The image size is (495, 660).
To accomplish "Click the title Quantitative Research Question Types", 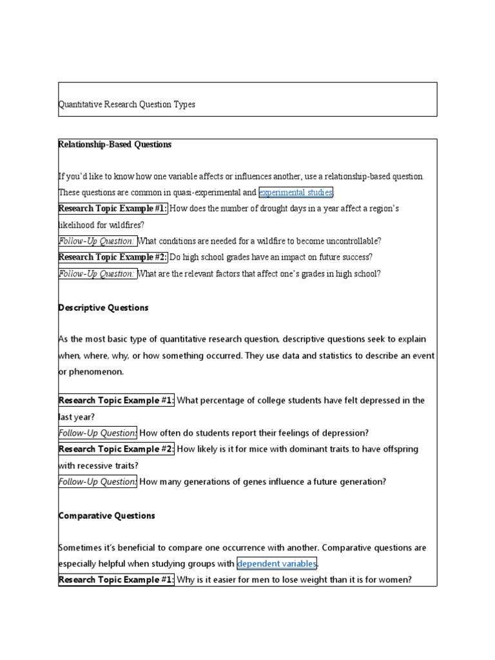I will coord(127,104).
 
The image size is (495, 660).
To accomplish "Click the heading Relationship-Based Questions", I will coord(115,145).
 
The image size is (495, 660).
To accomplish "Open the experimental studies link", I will coord(296,192).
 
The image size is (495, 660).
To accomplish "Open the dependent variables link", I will coord(277,564).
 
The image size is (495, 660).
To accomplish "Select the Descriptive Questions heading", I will coord(103,308).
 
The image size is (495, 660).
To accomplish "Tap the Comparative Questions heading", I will coord(107,516).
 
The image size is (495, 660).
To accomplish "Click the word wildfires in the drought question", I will coord(128,225).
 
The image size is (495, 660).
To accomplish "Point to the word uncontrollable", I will coord(348,241).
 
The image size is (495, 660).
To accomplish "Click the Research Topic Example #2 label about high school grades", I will coord(113,257).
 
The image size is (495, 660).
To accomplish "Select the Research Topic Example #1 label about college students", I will coord(117,400).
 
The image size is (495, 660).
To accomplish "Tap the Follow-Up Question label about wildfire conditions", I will coord(97,241).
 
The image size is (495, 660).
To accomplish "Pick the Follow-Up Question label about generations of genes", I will coord(97,481).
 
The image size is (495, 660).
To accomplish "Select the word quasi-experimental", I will coord(210,192).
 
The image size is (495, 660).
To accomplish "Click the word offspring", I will coord(400,449).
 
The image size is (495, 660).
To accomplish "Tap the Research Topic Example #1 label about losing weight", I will coord(117,579).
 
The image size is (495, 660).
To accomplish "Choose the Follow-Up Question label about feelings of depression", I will coord(97,433).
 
